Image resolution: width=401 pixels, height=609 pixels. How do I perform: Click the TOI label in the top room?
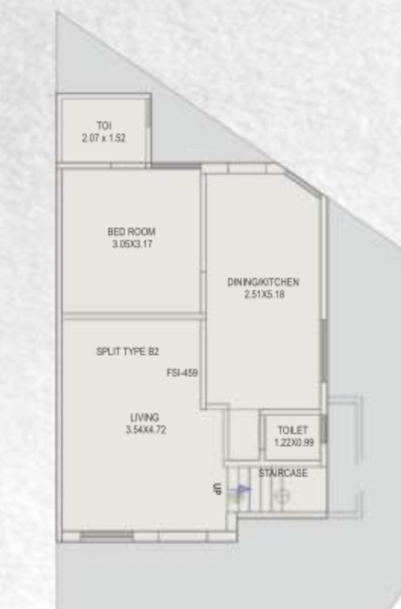(x=103, y=126)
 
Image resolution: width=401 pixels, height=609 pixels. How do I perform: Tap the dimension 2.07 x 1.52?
(x=103, y=138)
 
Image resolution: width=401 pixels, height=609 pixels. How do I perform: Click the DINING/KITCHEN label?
(x=263, y=282)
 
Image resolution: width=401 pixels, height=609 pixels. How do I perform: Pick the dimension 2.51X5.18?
(x=263, y=294)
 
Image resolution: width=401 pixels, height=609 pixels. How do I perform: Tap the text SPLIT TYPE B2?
(x=128, y=351)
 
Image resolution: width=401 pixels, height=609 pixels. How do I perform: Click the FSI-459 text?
(x=182, y=372)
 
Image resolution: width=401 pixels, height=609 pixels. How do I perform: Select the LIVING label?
(x=144, y=417)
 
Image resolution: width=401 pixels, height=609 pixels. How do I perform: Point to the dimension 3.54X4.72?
(x=144, y=430)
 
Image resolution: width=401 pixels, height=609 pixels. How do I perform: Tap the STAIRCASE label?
(x=282, y=473)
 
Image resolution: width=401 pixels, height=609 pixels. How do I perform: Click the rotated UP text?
(x=217, y=489)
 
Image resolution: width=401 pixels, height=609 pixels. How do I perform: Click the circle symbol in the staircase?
(x=281, y=497)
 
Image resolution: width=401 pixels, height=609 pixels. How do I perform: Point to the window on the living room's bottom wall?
(x=107, y=535)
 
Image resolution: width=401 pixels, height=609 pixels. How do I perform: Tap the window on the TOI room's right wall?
(x=149, y=124)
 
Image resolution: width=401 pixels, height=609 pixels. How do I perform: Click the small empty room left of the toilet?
(x=241, y=436)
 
